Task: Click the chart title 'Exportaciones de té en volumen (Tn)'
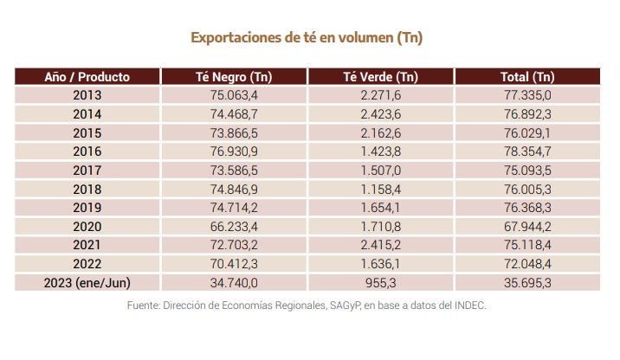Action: tap(311, 38)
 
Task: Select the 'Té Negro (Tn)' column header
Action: tap(234, 77)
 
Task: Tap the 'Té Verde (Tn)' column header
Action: tap(381, 77)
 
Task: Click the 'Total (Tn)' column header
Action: tap(527, 77)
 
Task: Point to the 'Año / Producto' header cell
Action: tap(87, 77)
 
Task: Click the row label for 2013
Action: tap(87, 96)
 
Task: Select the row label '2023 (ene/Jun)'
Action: tap(87, 283)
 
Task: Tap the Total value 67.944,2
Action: tap(527, 227)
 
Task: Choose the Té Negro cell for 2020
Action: tap(234, 227)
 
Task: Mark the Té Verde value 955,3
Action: tap(381, 283)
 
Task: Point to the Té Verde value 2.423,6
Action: tap(381, 114)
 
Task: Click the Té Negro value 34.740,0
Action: tap(234, 283)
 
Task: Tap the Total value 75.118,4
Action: tap(527, 246)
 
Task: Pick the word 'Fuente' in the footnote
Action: tap(144, 305)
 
